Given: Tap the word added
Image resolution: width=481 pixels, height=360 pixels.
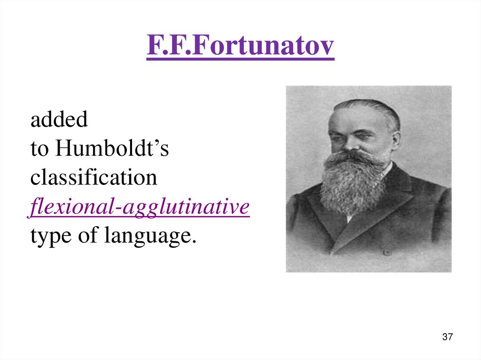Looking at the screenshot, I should coord(59,120).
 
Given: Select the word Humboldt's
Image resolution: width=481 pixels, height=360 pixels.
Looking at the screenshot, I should coord(112,149).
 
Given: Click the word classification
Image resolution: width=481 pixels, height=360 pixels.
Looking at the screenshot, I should coord(94,178).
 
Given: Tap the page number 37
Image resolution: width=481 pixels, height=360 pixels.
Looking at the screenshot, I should coord(447,337).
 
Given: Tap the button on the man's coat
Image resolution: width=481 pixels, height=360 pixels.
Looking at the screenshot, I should coord(387,252).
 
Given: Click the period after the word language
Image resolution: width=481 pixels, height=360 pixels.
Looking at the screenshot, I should coord(193,241).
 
